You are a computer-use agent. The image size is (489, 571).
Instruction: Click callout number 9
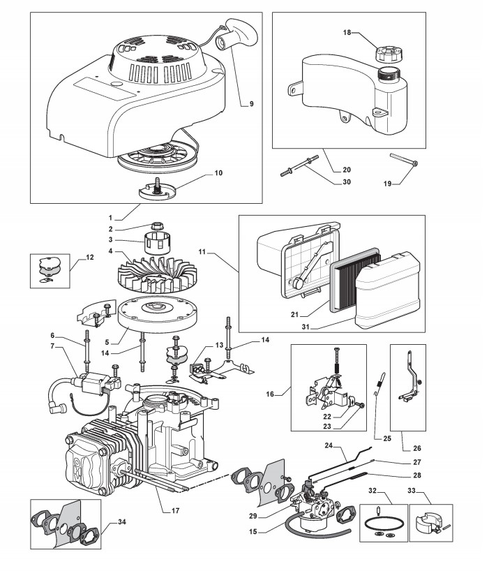pos(251,104)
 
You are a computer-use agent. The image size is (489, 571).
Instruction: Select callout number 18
pos(347,33)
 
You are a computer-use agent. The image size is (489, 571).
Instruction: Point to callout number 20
pos(347,170)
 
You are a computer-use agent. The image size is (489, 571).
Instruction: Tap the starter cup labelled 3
pos(156,242)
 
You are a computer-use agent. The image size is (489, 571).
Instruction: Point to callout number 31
pos(306,327)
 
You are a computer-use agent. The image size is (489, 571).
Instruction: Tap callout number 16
pos(270,394)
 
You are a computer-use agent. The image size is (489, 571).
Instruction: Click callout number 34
pos(122,522)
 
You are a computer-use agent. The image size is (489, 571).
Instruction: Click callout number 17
pos(175,510)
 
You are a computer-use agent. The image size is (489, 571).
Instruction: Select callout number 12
pos(89,257)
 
